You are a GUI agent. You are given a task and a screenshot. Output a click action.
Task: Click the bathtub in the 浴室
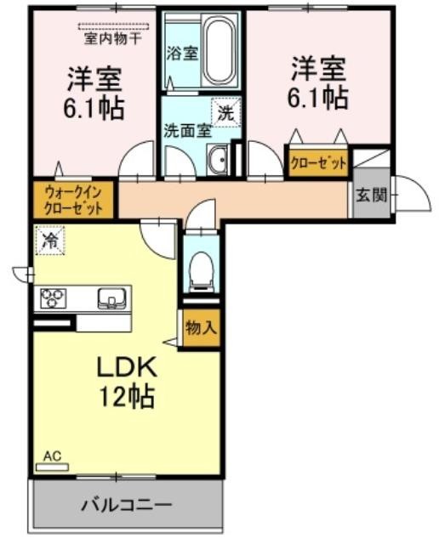(x=219, y=51)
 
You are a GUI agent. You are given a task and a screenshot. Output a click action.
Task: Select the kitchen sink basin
(x=111, y=298)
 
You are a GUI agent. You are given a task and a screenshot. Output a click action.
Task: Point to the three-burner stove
(x=54, y=298)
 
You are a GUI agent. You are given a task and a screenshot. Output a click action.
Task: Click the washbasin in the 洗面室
(x=217, y=159)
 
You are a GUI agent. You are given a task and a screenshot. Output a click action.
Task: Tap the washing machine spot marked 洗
(x=226, y=113)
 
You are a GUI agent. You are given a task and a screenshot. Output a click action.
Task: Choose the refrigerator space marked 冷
(x=50, y=240)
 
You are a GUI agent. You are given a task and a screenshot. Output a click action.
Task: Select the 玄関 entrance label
(x=371, y=195)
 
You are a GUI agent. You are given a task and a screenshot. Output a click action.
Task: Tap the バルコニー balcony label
(x=127, y=505)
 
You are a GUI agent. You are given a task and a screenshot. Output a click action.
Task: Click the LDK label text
(x=127, y=367)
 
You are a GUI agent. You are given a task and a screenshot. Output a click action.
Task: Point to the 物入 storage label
(x=202, y=327)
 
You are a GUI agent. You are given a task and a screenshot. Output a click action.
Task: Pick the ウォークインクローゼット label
(x=74, y=201)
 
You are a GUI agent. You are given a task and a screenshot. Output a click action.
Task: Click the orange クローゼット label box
(x=318, y=162)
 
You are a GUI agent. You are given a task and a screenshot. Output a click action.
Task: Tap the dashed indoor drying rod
(x=113, y=26)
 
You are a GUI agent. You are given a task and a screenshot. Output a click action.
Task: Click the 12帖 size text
(x=127, y=396)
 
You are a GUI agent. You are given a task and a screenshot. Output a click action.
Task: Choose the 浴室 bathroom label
(x=182, y=54)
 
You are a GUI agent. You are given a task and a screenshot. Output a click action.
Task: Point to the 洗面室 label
(x=187, y=131)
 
